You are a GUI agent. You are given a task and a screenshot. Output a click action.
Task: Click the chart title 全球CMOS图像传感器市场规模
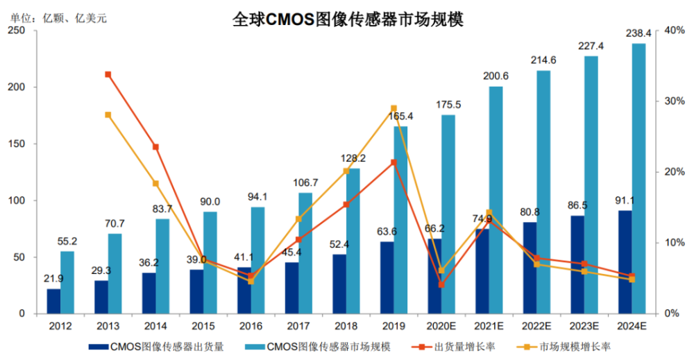click(348, 19)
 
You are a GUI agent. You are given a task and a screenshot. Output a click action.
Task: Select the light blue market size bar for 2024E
click(638, 179)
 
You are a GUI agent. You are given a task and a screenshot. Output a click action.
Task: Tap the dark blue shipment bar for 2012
click(53, 301)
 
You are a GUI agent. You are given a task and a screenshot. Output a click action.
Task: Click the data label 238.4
click(638, 33)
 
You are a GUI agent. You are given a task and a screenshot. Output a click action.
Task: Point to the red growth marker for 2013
click(108, 74)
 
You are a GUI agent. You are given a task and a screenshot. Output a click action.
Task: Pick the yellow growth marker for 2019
click(393, 108)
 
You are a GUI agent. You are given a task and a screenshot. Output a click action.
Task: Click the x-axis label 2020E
click(441, 327)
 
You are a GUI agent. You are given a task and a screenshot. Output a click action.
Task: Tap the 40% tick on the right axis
click(673, 31)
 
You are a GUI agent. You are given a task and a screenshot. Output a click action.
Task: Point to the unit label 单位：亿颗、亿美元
click(58, 18)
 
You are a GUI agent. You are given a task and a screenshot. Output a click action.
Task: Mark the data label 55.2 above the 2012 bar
click(67, 241)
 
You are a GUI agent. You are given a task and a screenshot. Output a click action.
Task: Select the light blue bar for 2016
click(257, 261)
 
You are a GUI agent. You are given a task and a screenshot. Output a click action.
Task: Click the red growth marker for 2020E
click(441, 285)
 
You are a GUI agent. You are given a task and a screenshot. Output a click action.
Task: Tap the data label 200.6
click(496, 76)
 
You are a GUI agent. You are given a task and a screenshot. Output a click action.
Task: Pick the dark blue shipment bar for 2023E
click(577, 265)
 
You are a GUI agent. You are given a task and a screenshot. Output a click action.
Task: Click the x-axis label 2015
click(203, 327)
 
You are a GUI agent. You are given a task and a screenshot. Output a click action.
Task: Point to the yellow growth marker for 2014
click(155, 184)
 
